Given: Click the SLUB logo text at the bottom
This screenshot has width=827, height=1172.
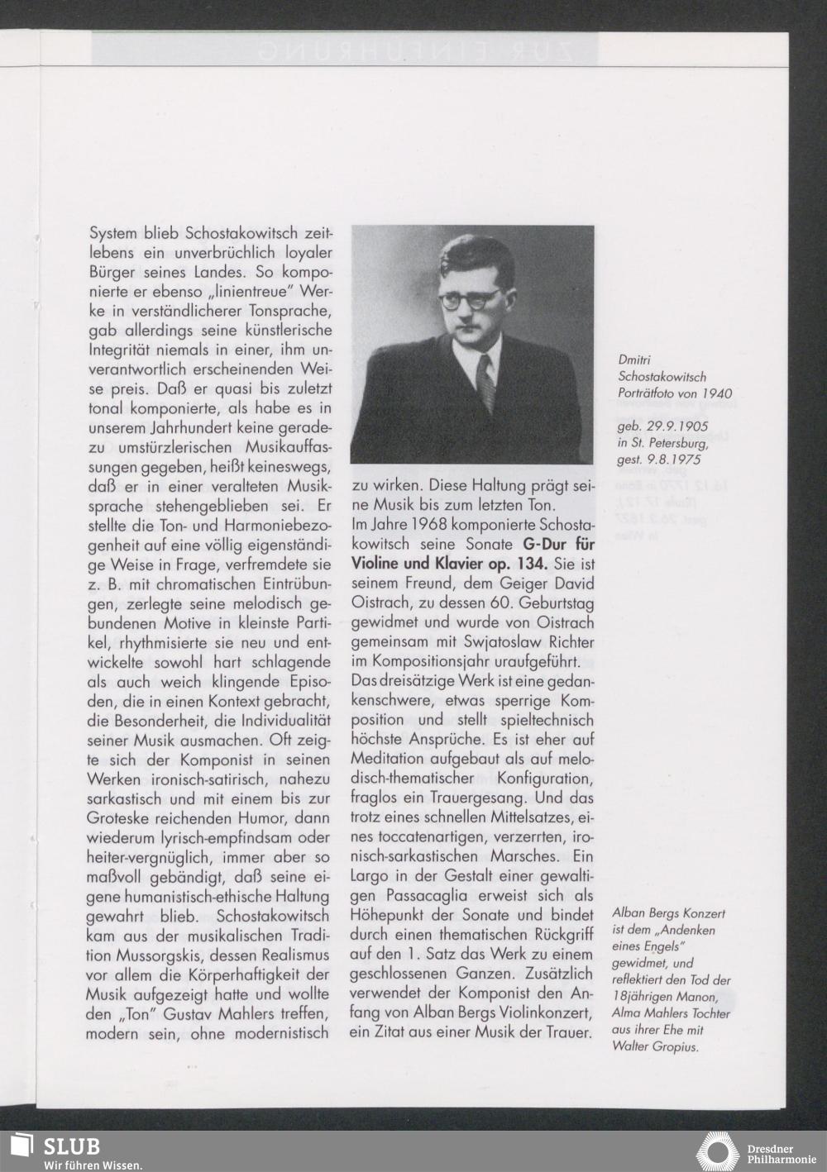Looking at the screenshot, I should pos(71,1147).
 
